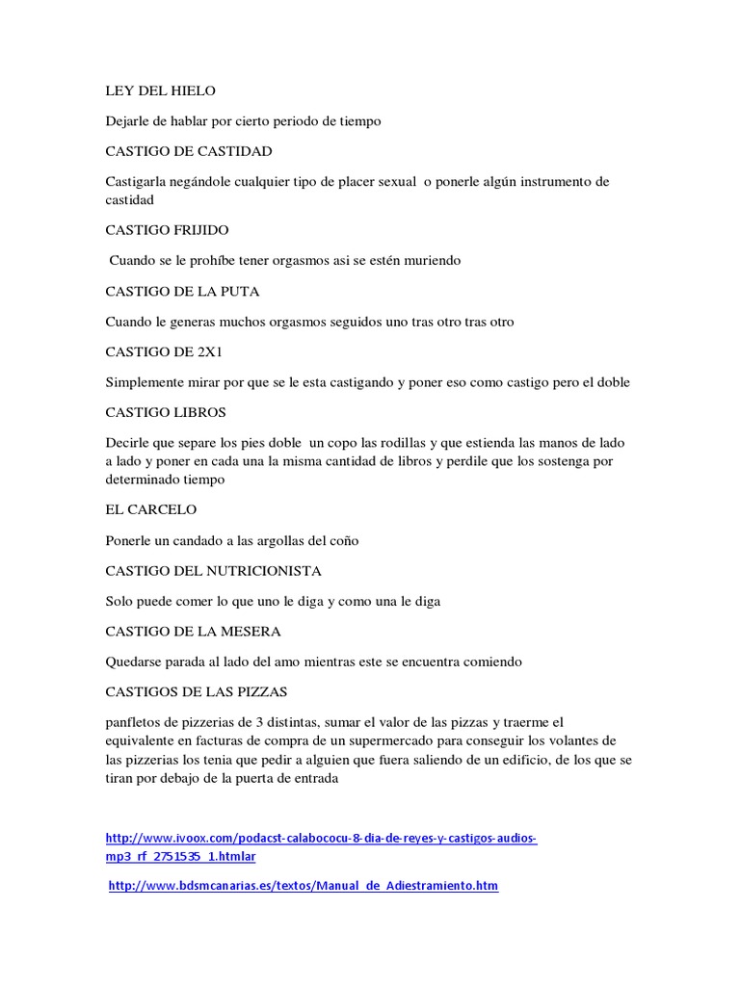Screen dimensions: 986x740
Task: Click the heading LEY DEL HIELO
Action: pos(160,91)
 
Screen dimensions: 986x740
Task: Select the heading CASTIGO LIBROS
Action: pos(165,412)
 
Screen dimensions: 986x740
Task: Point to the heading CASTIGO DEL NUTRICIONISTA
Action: pos(213,571)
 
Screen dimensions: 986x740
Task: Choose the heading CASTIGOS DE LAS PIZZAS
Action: pos(197,691)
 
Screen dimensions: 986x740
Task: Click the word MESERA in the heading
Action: pos(249,632)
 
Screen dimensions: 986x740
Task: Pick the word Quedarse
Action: pos(134,662)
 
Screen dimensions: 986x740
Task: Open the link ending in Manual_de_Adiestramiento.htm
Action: pos(304,886)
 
